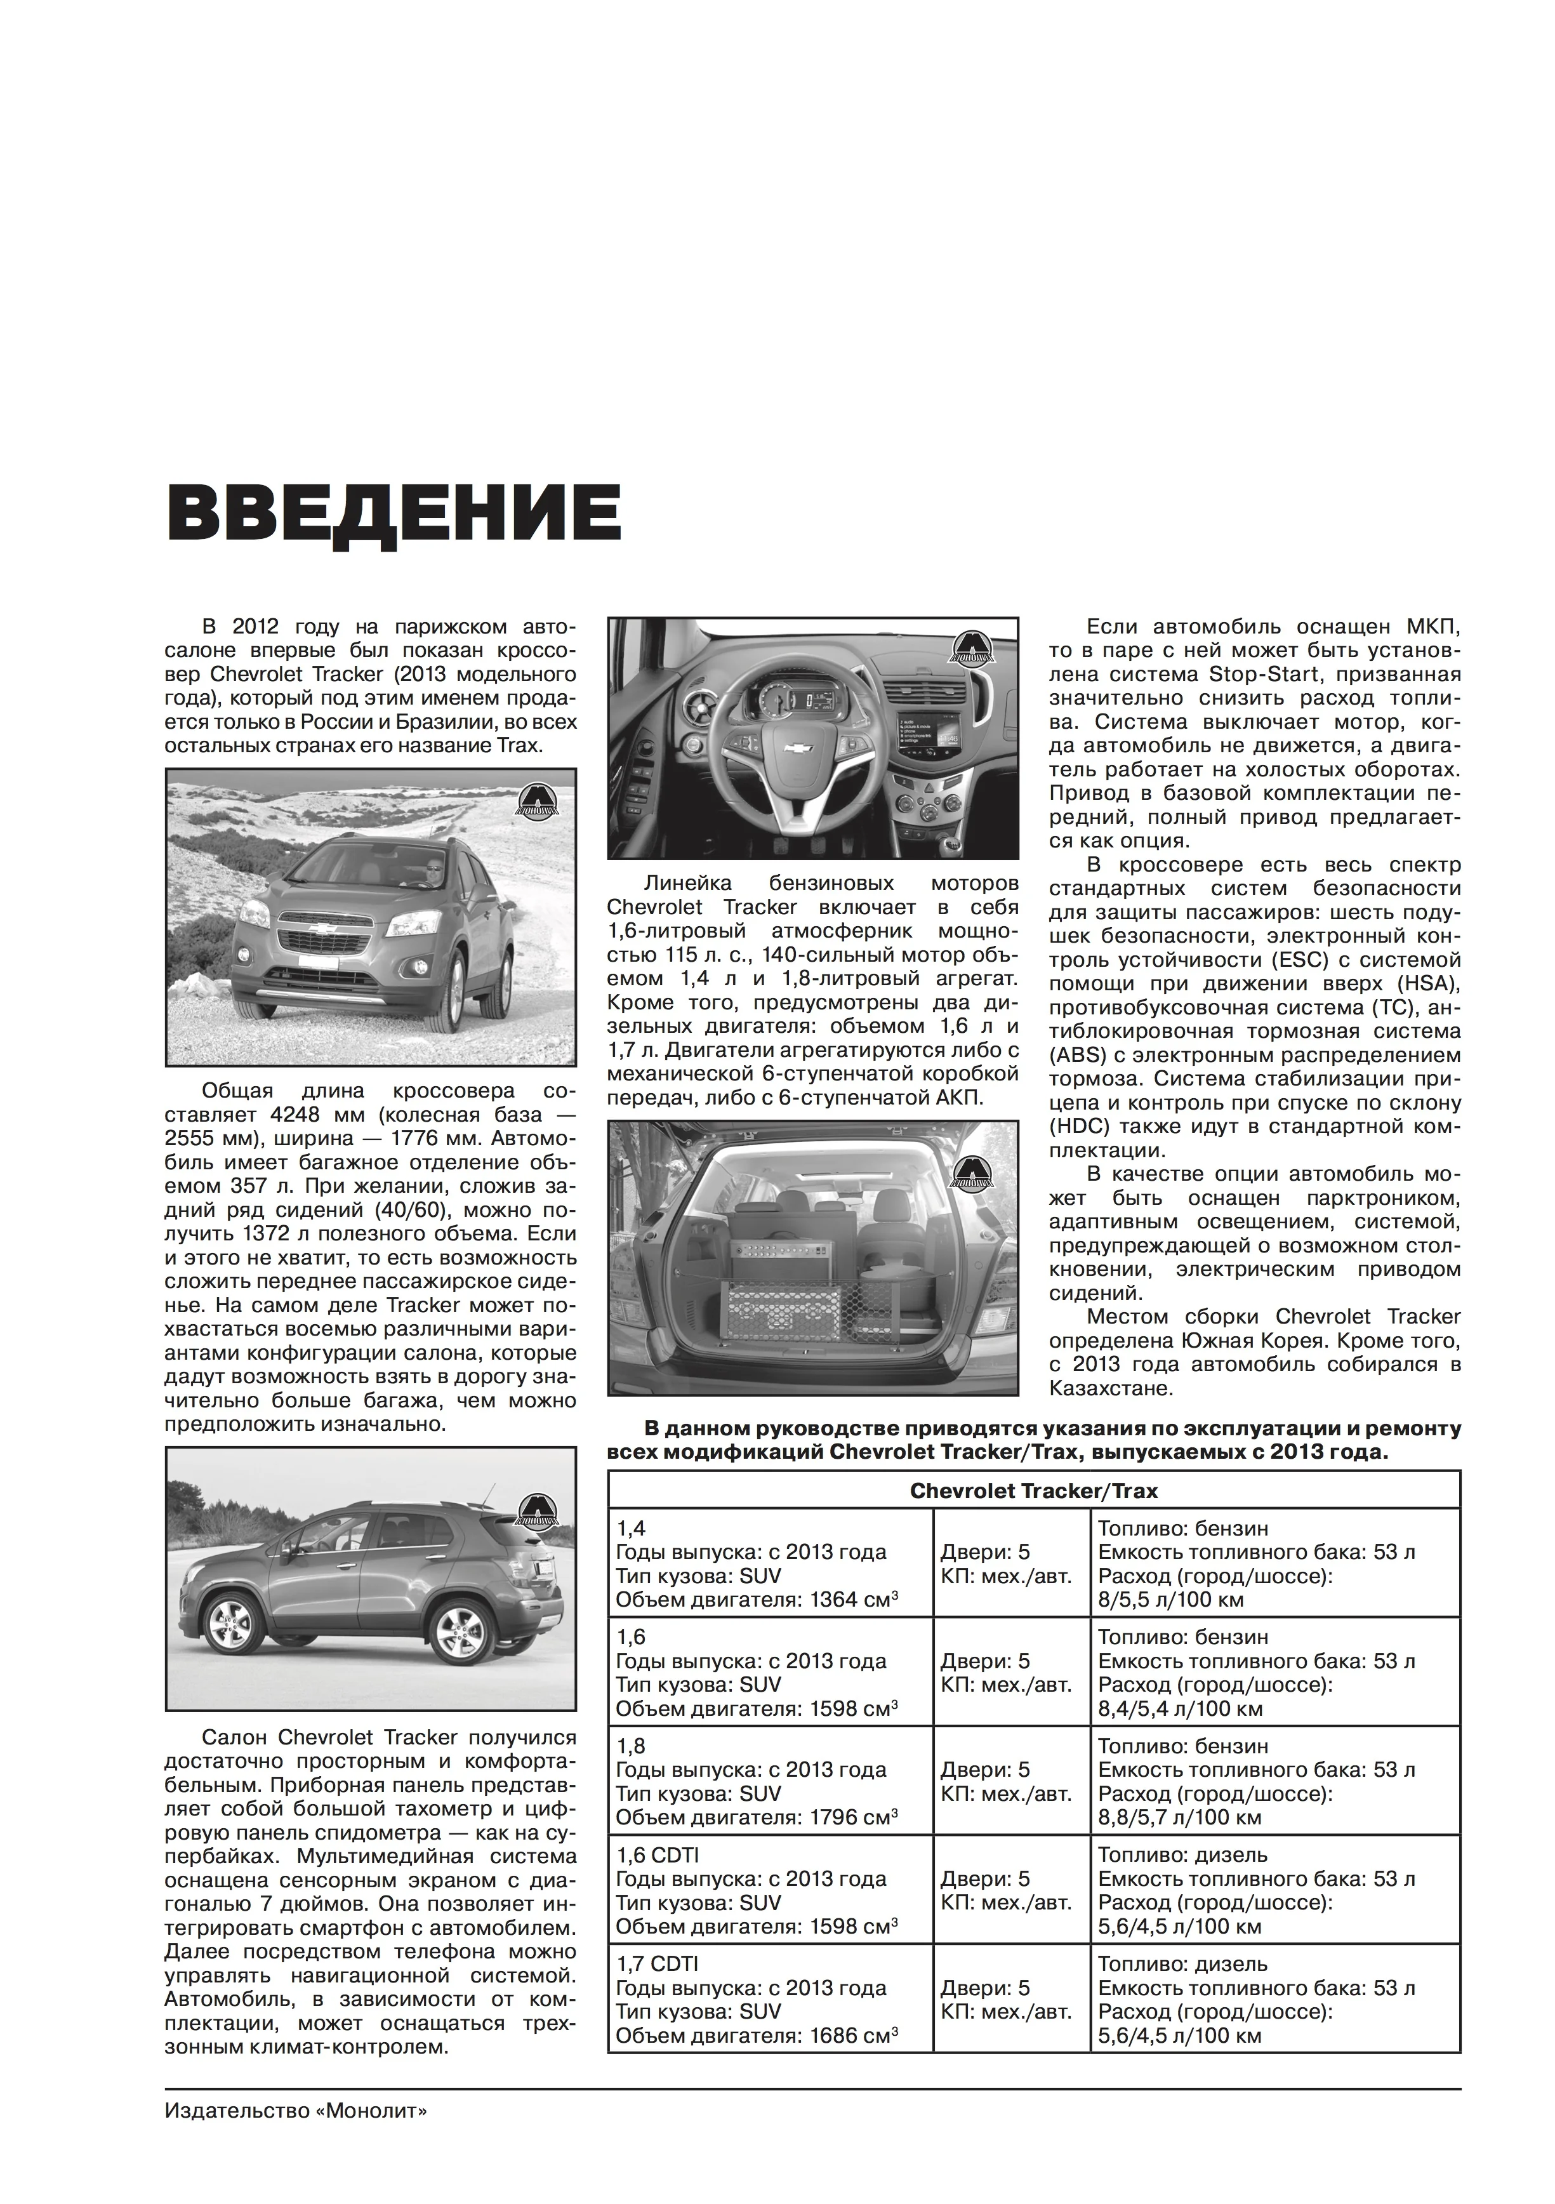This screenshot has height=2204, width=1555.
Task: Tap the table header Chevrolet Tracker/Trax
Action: (x=1034, y=1490)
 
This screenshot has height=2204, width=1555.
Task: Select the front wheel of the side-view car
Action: (x=234, y=1623)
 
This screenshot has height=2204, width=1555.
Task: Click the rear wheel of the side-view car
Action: (x=456, y=1628)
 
